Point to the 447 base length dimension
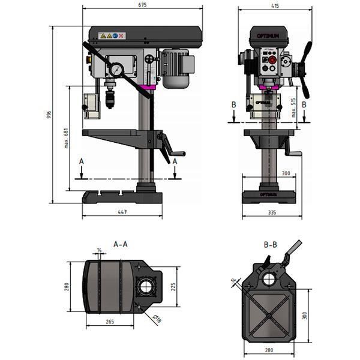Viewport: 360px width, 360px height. tap(122, 212)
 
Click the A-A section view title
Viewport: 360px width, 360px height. tap(121, 244)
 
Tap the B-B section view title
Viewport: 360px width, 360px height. tap(271, 244)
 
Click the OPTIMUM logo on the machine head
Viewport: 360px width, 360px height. tap(268, 37)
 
